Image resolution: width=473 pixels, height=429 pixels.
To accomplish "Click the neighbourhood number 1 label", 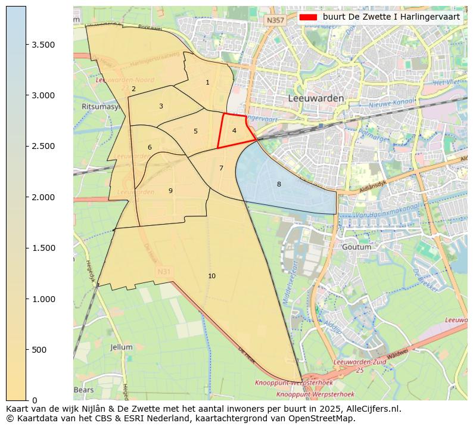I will pyautogui.click(x=207, y=83).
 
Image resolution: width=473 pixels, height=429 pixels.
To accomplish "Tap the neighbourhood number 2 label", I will pyautogui.click(x=133, y=89).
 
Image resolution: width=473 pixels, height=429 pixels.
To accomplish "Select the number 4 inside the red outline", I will pyautogui.click(x=234, y=130).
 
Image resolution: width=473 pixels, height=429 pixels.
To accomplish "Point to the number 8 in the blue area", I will pyautogui.click(x=279, y=185).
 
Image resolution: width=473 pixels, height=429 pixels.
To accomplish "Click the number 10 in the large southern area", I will pyautogui.click(x=211, y=276).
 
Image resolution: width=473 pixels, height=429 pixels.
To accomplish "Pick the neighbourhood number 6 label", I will pyautogui.click(x=150, y=148).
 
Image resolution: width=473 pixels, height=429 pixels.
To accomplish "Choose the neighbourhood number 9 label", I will pyautogui.click(x=170, y=191).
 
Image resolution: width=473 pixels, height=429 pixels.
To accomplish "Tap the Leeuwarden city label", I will pyautogui.click(x=316, y=98).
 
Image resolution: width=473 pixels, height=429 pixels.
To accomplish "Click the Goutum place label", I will pyautogui.click(x=357, y=247).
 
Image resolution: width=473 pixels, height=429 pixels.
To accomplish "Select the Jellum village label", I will pyautogui.click(x=122, y=347).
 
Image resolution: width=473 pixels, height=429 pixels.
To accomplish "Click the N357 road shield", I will pyautogui.click(x=275, y=20).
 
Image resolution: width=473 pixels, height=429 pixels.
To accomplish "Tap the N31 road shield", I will pyautogui.click(x=164, y=272).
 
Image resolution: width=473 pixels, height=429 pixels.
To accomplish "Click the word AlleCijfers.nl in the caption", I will pyautogui.click(x=372, y=409).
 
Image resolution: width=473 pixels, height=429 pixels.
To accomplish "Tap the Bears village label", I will pyautogui.click(x=83, y=390).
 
